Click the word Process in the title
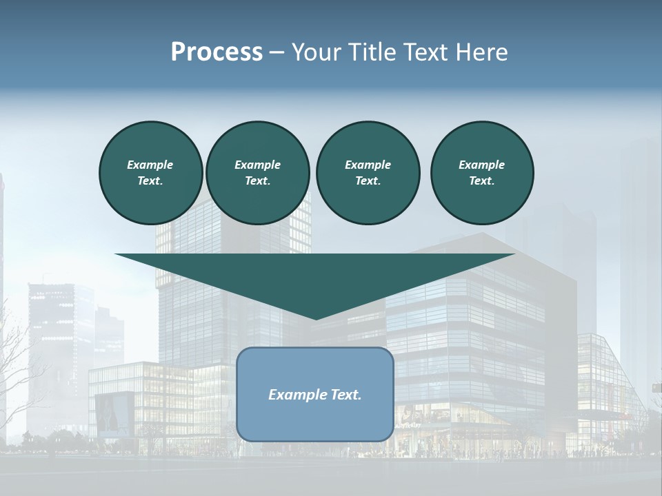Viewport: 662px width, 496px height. coord(217,52)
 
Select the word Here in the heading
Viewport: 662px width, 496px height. coord(483,52)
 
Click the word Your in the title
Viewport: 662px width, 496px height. coord(317,52)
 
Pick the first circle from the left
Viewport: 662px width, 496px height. coord(150,172)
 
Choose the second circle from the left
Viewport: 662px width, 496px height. coord(257,172)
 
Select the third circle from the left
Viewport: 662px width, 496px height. coord(368,172)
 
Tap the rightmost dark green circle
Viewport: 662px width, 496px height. coord(482,172)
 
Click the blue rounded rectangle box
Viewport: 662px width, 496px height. coord(315,394)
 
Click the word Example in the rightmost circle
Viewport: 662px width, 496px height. coord(481,165)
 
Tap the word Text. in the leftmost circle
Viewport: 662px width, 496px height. coord(150,181)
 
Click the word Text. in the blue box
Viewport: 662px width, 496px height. coord(347,395)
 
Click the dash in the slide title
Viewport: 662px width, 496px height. coord(277,52)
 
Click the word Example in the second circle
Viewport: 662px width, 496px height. coord(257,165)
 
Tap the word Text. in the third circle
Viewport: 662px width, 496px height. coord(368,181)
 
